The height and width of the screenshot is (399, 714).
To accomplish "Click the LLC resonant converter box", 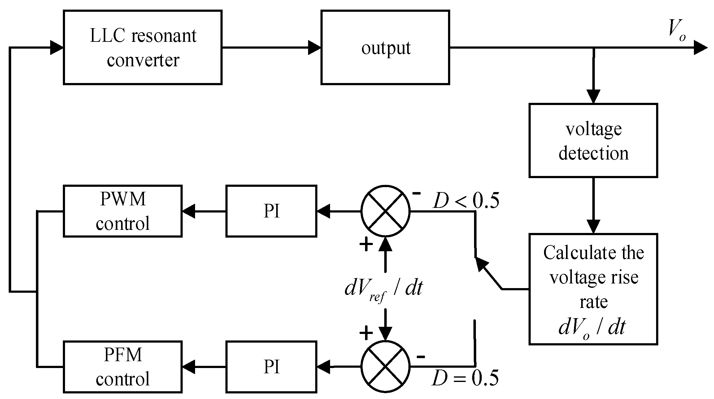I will tap(142, 47).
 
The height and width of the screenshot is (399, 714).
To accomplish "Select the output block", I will tap(385, 47).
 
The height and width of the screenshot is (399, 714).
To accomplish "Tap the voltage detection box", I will tap(593, 140).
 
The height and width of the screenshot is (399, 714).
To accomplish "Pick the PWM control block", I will tap(122, 211).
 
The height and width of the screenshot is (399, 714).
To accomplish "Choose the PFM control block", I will tap(122, 367).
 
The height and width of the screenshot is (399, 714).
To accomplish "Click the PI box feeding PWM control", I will tap(271, 211).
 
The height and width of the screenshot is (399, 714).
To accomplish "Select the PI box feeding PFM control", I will tap(271, 367).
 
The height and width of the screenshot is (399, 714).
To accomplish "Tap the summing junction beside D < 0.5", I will tap(385, 211).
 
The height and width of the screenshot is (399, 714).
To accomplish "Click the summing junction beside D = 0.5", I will tap(385, 366).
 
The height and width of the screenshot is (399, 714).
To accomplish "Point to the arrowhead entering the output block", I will tap(315, 48).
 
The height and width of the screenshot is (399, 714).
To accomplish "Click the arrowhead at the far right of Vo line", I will tap(700, 48).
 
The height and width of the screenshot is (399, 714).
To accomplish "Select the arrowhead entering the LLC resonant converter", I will tap(57, 48).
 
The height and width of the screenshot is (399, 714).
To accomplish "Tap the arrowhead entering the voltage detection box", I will tap(593, 97).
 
